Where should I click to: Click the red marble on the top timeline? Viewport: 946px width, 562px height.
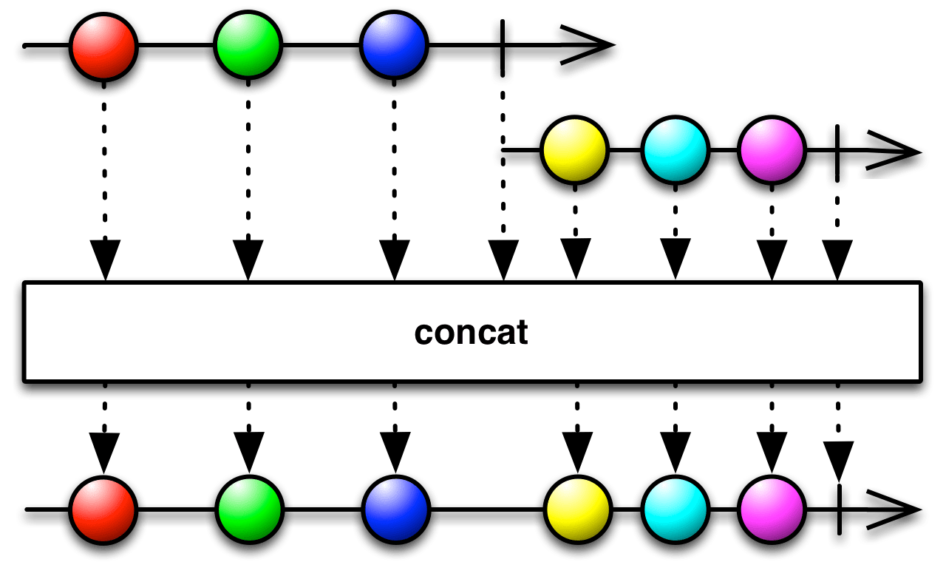point(103,47)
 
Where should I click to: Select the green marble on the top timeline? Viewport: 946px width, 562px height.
point(248,47)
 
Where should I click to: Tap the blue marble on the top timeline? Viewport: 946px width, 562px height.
point(394,47)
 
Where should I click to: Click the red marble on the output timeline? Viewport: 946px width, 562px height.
point(103,511)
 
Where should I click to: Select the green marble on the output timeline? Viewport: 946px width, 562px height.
point(249,511)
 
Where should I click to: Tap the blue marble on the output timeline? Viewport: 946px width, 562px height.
point(395,511)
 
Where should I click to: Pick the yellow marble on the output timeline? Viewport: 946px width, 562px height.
point(577,511)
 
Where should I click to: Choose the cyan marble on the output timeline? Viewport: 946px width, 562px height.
point(675,511)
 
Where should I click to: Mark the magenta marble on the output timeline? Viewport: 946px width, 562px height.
point(772,511)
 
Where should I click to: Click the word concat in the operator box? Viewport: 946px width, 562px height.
point(472,333)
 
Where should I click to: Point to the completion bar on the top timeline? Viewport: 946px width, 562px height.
point(503,50)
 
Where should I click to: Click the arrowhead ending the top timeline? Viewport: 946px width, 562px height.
point(588,50)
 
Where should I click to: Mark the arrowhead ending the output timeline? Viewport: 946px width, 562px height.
point(894,511)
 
